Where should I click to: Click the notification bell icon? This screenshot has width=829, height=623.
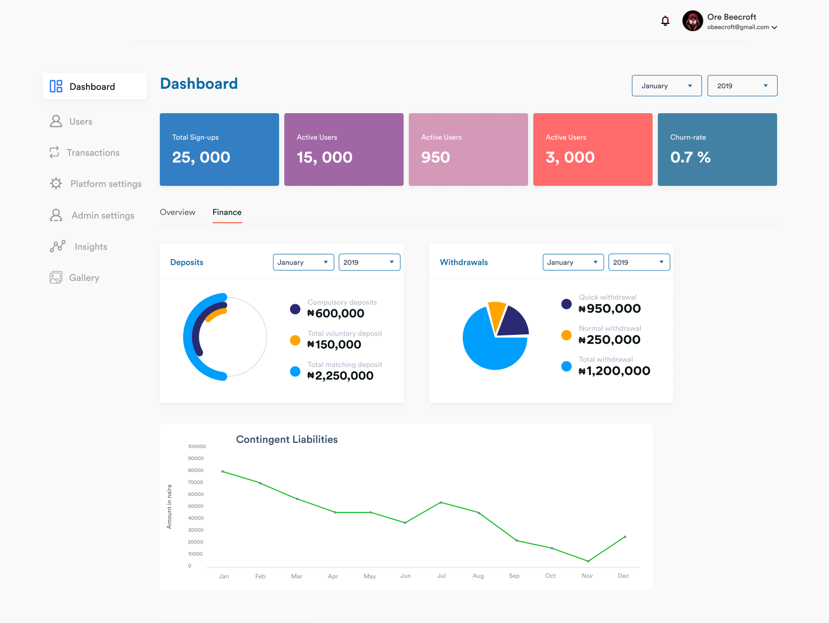(x=665, y=21)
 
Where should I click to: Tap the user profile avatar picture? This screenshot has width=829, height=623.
(x=693, y=21)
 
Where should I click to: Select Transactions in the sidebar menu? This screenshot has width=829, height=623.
(x=93, y=153)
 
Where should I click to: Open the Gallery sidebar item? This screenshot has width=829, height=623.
(x=84, y=278)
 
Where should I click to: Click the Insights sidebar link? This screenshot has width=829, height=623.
(x=91, y=247)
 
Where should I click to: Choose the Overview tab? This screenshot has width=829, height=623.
(x=177, y=212)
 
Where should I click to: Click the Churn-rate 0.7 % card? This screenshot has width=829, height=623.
(x=717, y=150)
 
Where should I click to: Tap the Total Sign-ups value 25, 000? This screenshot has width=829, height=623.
(x=201, y=157)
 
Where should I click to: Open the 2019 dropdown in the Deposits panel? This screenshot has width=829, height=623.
(x=369, y=262)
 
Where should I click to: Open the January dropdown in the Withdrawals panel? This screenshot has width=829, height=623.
(x=573, y=262)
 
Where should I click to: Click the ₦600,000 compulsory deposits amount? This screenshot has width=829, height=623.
(x=336, y=314)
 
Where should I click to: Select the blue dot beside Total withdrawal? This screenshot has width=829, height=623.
(x=567, y=367)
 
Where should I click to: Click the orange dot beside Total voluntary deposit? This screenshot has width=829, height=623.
(x=295, y=341)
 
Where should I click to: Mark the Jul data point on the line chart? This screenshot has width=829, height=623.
(x=441, y=503)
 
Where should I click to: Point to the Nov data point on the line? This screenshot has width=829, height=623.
(x=588, y=561)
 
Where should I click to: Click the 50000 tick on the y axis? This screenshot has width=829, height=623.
(x=196, y=506)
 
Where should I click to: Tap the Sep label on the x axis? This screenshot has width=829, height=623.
(x=514, y=576)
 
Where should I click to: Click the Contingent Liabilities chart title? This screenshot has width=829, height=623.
(x=287, y=440)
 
